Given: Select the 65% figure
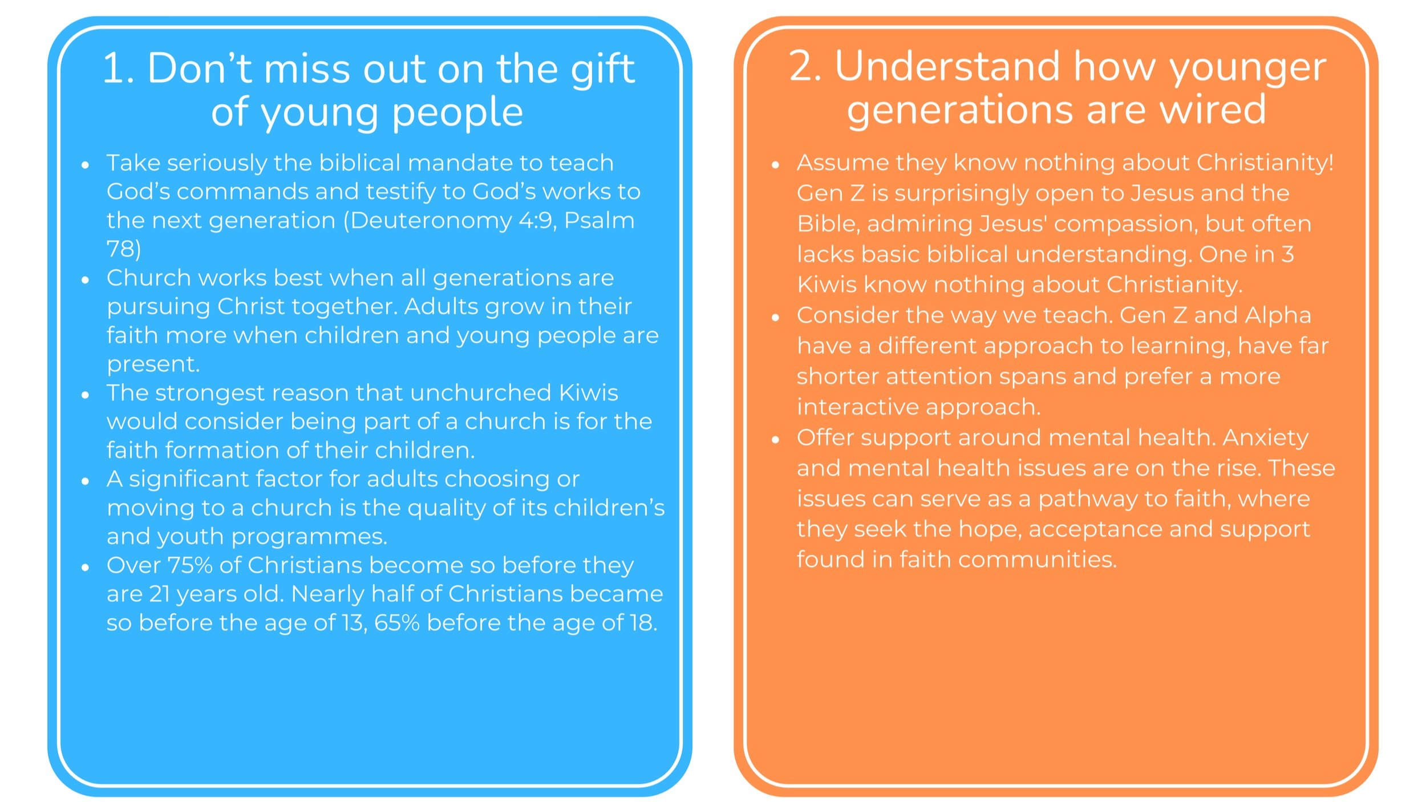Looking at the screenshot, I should (396, 623).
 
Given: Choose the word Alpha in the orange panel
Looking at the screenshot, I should (1277, 315).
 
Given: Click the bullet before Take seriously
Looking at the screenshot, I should (86, 165).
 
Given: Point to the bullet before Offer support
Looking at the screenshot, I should (775, 440).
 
